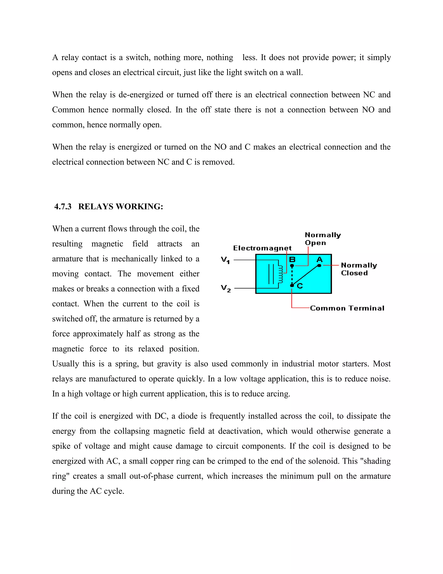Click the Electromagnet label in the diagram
(262, 248)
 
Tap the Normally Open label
(323, 239)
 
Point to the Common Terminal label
(347, 308)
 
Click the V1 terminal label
(225, 260)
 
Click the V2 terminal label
(226, 288)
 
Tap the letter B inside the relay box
(292, 260)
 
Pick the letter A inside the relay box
(319, 260)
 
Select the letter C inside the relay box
(300, 286)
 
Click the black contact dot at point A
(319, 266)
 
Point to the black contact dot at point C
(292, 285)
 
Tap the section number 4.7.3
(63, 207)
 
